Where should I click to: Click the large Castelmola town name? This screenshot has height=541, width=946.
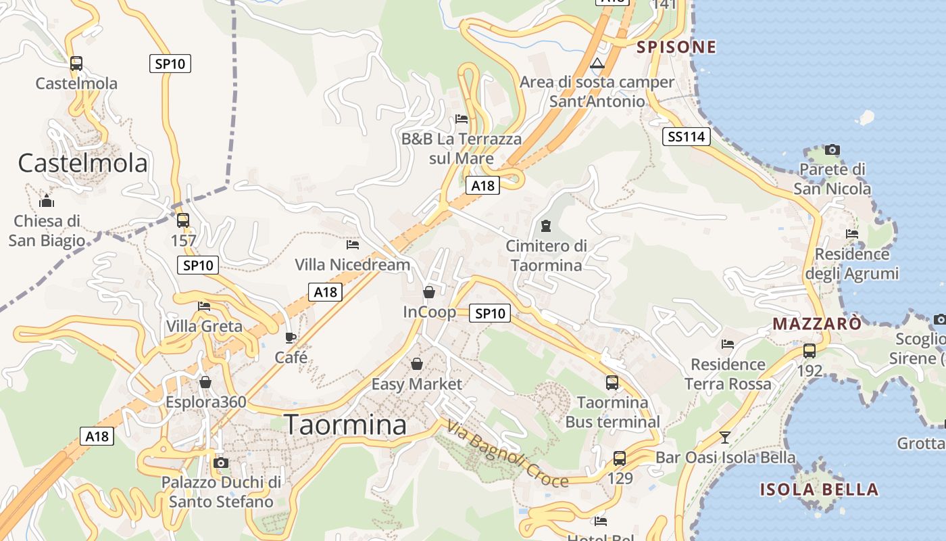[x=82, y=163]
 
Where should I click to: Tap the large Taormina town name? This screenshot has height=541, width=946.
[x=345, y=425]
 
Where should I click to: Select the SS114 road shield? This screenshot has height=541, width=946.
[x=686, y=137]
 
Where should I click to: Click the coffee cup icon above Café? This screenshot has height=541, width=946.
[x=291, y=337]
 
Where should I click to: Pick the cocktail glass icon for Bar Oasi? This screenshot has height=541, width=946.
[x=725, y=437]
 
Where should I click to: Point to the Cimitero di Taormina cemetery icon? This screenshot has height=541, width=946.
[x=546, y=225]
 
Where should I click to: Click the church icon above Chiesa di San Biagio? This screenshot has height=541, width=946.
[x=47, y=201]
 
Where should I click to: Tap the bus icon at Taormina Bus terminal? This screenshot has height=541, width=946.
[x=612, y=383]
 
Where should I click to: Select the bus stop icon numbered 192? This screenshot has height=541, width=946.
[x=809, y=351]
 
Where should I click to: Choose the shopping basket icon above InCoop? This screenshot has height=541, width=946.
[x=428, y=292]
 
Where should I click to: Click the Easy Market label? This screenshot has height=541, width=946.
[x=417, y=384]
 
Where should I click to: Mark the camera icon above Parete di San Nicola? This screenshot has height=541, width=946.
[x=832, y=149]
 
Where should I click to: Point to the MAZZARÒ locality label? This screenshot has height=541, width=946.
[x=817, y=323]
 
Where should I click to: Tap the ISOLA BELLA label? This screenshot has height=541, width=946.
[x=819, y=490]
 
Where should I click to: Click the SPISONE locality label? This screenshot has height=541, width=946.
[x=676, y=47]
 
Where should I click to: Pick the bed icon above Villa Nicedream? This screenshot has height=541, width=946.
[x=352, y=244]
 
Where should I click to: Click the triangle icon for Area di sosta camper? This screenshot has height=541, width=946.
[x=597, y=64]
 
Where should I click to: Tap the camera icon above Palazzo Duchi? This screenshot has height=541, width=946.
[x=220, y=463]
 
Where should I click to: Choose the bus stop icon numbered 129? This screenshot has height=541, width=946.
[x=620, y=458]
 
